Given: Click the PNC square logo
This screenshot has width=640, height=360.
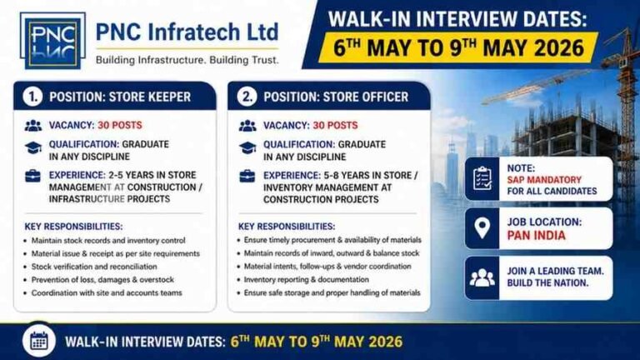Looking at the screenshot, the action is tap(52, 40).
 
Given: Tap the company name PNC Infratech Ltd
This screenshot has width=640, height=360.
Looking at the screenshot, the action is tap(187, 32).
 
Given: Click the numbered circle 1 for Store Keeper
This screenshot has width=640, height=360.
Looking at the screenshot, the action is tap(32, 97).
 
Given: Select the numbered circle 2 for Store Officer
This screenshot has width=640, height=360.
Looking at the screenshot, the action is tap(247, 97).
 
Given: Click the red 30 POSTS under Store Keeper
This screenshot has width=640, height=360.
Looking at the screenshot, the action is tap(120, 125).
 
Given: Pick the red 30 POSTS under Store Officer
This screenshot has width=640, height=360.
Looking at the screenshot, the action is tap(335, 125).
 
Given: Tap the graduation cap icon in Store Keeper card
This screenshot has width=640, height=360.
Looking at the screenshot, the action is tap(33, 147).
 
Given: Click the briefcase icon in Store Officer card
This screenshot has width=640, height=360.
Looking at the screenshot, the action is tap(247, 177).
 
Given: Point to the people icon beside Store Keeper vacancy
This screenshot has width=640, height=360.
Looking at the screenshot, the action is tap(33, 126).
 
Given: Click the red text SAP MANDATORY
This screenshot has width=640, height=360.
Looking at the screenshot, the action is tap(544, 180).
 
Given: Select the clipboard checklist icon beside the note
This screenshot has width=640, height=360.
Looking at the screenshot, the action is tap(482, 178).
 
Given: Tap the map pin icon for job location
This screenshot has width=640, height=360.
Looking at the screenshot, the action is tap(482, 228).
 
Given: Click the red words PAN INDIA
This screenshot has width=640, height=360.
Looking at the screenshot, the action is tap(537, 236).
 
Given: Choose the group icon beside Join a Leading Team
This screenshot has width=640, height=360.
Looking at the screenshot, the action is tap(482, 278).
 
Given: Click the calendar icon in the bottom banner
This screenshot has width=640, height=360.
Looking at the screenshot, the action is tap(39, 340).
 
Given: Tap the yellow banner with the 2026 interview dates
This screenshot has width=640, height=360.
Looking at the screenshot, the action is tap(458, 47).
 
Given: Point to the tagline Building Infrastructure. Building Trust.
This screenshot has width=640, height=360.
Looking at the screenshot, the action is tap(187, 60).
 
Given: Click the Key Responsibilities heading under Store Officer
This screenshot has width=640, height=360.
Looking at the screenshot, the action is tap(287, 227).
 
